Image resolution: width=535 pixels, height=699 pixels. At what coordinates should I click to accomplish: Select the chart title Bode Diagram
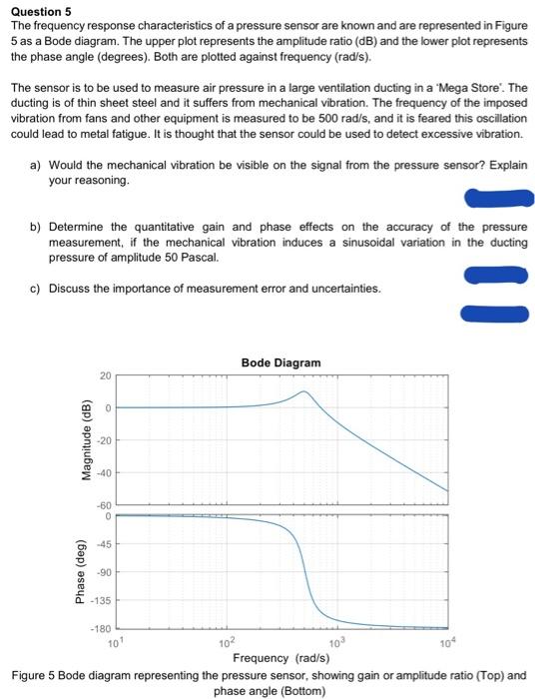pos(280,362)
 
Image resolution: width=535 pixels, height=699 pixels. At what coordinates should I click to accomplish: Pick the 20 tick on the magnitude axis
pos(105,376)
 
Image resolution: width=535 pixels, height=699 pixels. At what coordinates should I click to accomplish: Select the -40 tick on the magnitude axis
pos(103,473)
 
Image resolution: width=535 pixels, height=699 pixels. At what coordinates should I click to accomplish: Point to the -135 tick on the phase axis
pos(101,601)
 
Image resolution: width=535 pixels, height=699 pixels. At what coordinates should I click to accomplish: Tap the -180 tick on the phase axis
pos(101,629)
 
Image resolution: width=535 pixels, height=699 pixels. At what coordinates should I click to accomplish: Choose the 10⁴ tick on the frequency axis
pos(447,641)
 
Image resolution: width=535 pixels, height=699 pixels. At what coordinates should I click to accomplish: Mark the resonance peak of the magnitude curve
pos(305,391)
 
